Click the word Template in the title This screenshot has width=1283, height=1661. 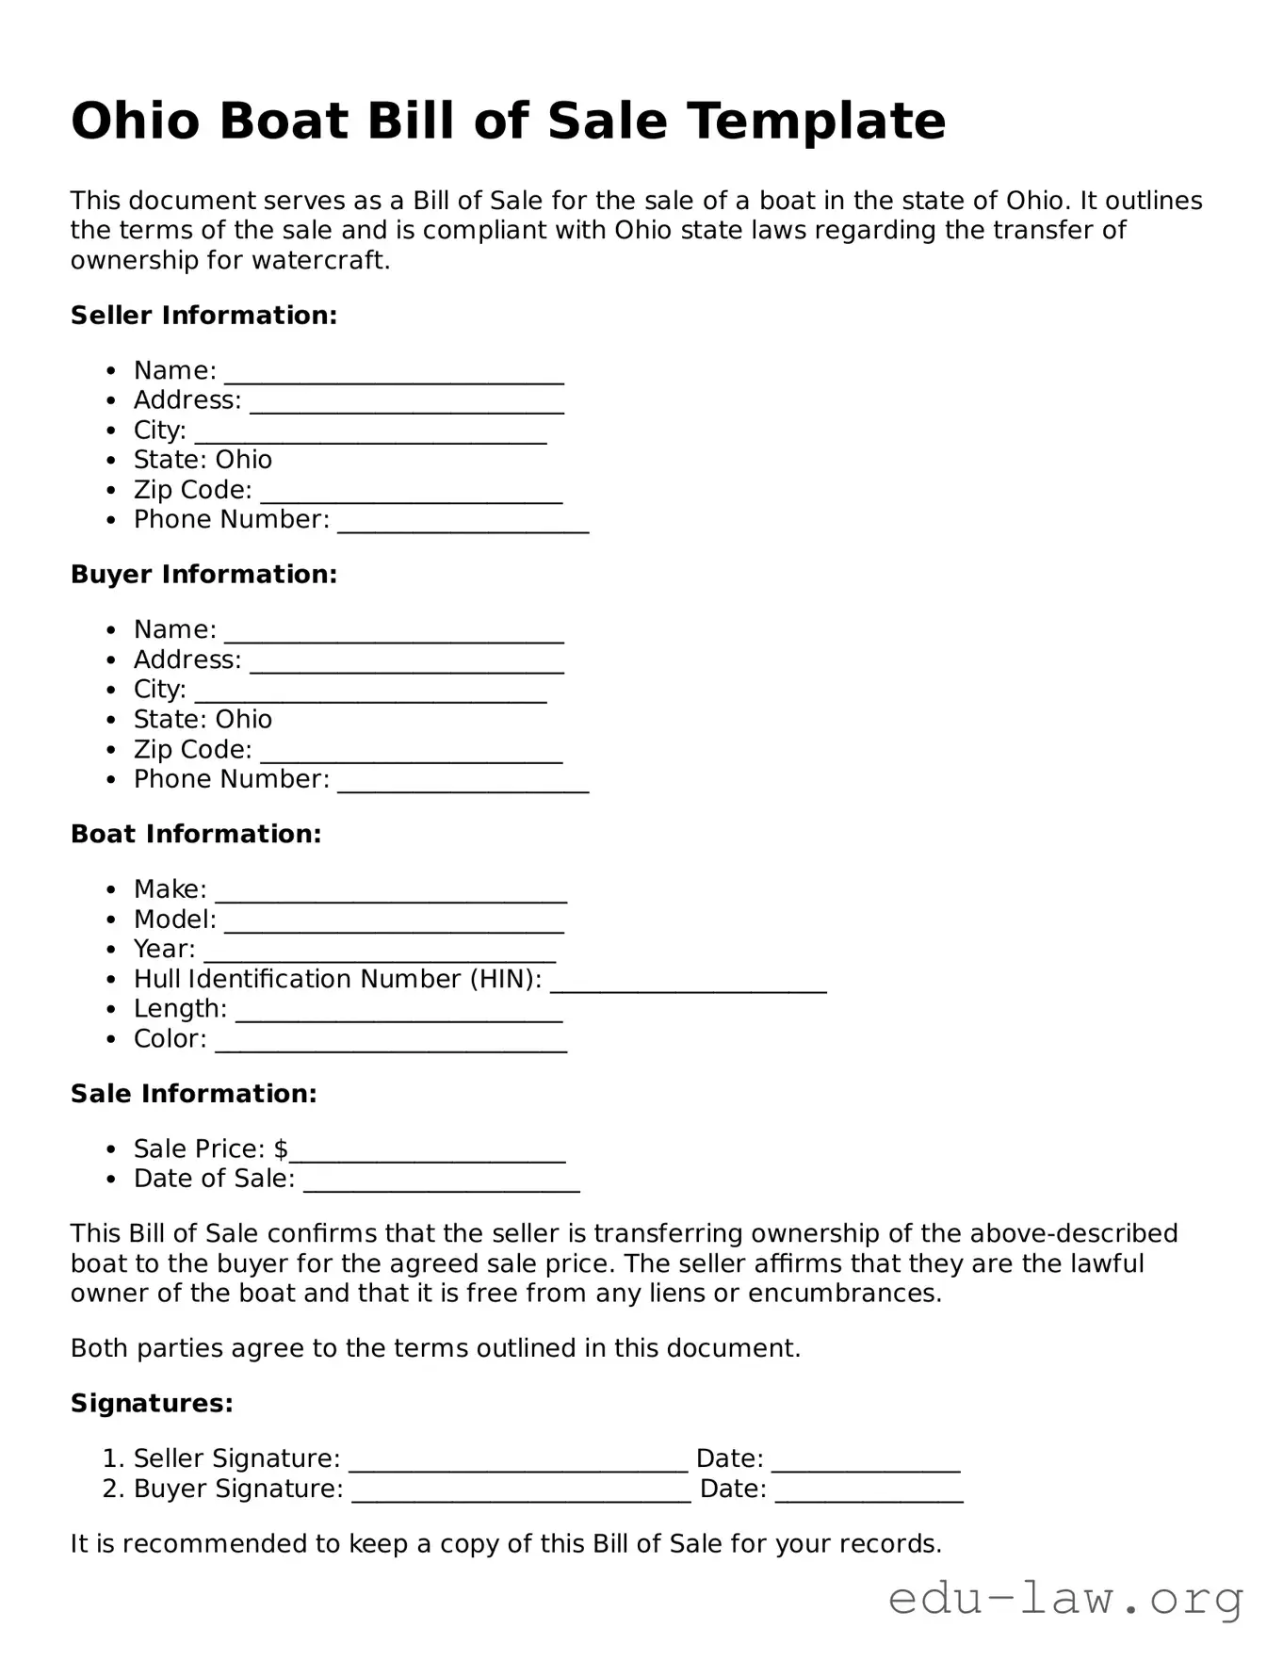816,122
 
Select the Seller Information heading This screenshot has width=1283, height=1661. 203,316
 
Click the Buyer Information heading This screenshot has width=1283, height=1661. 203,575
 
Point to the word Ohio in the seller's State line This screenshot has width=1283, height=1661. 243,460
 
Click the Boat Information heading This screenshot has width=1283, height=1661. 196,834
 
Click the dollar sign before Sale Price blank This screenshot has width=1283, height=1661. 281,1149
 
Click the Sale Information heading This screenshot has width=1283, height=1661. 193,1094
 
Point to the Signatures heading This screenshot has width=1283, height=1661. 152,1404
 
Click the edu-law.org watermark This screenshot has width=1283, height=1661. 1065,1599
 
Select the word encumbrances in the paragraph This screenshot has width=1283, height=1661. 844,1294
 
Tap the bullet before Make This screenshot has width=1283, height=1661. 112,890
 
